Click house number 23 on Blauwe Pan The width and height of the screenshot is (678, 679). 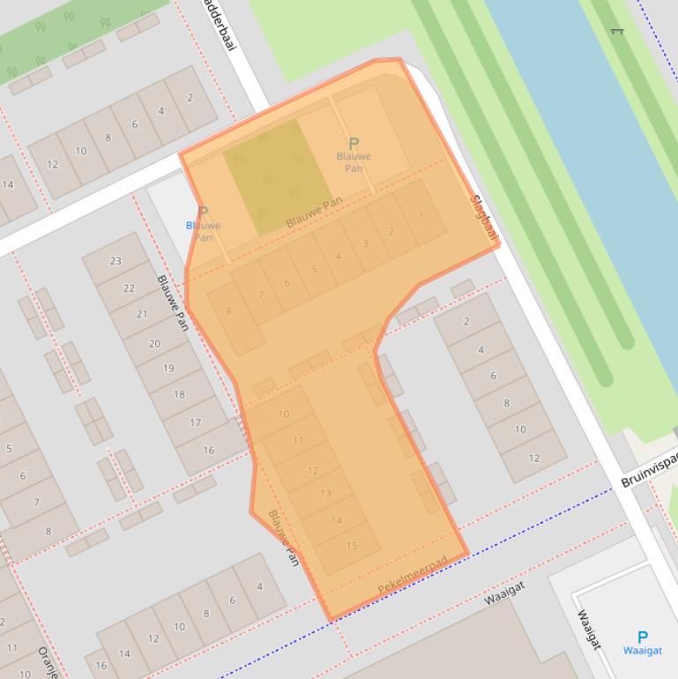tap(115, 261)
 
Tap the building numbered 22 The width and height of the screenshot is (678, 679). tap(129, 288)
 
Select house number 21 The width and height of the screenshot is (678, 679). tap(142, 315)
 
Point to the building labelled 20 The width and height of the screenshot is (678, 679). tap(154, 343)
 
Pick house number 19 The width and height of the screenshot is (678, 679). tap(168, 369)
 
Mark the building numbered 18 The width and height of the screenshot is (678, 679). tap(180, 394)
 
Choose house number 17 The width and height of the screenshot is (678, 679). tap(195, 422)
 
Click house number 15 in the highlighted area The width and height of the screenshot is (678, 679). tap(352, 546)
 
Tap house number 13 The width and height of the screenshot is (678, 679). tap(325, 493)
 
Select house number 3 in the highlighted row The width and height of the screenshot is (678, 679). tap(365, 243)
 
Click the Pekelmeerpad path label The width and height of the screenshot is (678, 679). tap(412, 575)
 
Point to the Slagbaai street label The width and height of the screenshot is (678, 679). tap(486, 217)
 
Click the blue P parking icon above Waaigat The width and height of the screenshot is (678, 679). tap(642, 636)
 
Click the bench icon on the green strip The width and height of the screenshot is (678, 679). tap(617, 32)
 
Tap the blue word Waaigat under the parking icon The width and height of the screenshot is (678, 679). tap(642, 651)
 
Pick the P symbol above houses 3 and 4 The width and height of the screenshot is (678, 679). tap(354, 143)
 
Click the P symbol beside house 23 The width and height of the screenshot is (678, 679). tap(203, 213)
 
